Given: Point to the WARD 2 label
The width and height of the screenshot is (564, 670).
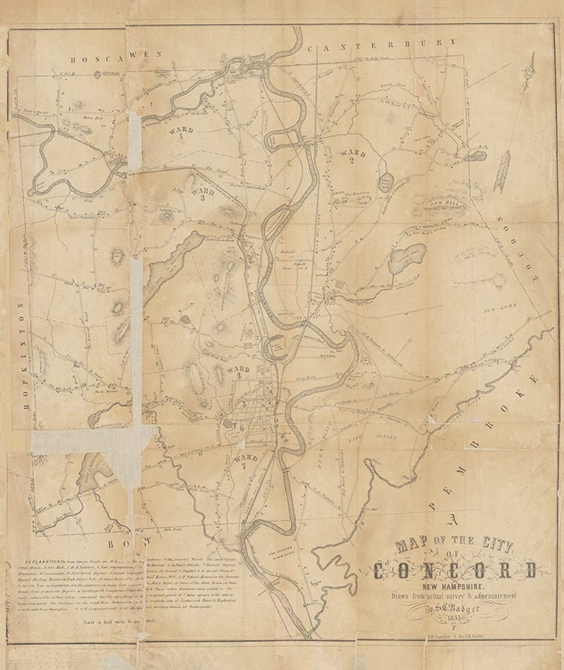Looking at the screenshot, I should pyautogui.click(x=351, y=156).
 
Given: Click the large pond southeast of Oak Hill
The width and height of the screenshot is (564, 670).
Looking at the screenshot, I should pyautogui.click(x=407, y=258).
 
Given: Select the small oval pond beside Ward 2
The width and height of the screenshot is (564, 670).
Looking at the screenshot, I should pyautogui.click(x=386, y=181).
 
